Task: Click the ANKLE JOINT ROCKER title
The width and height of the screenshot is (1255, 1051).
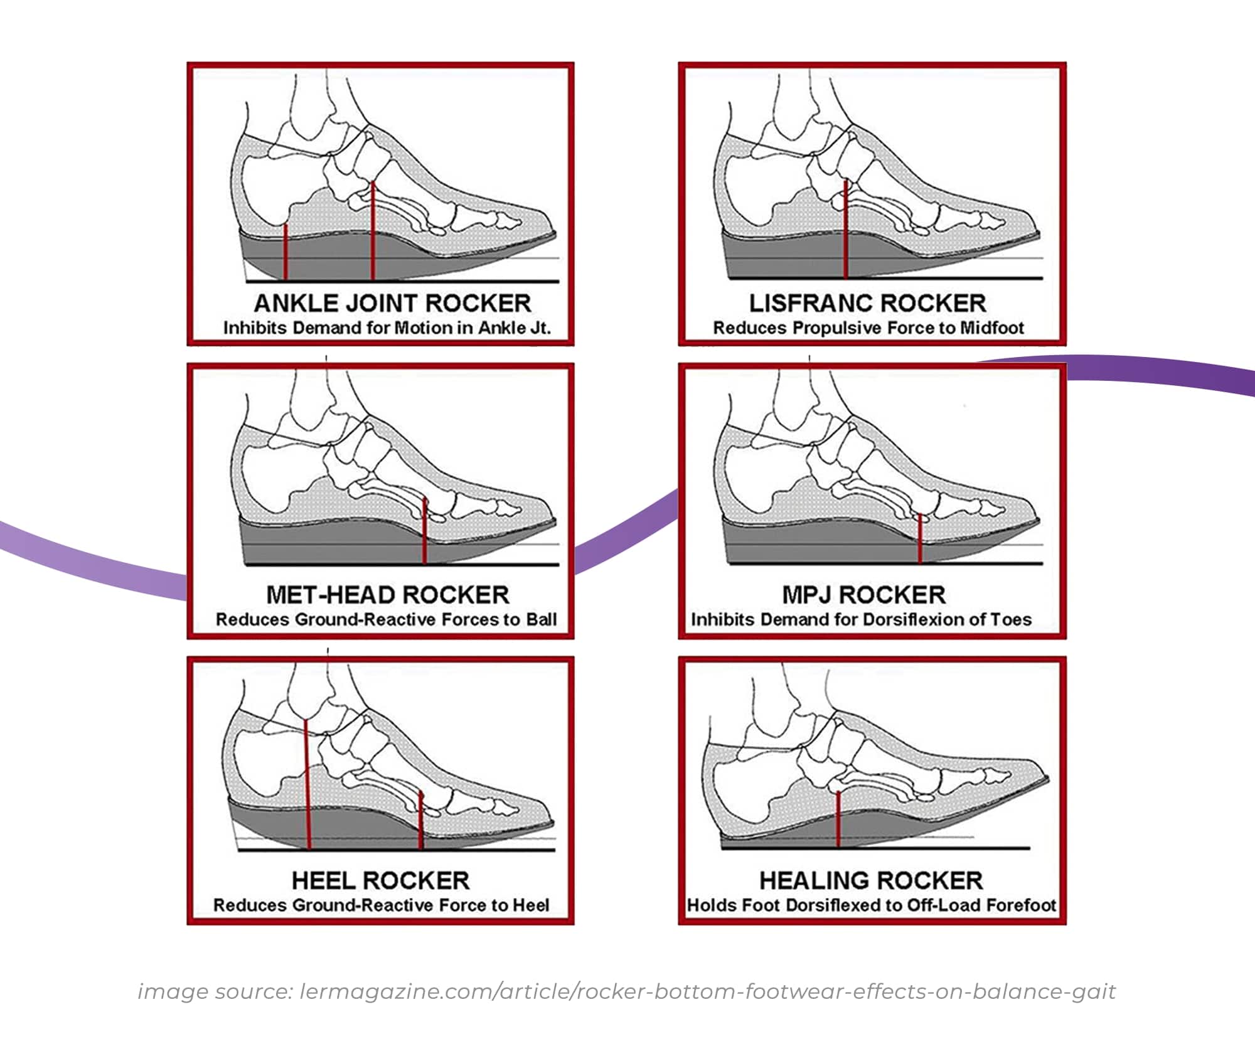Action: pyautogui.click(x=392, y=304)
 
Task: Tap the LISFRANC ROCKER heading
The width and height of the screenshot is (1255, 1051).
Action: pyautogui.click(x=867, y=304)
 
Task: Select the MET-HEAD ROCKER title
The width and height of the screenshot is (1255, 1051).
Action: pyautogui.click(x=387, y=595)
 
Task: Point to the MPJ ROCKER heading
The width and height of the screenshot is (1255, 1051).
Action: pyautogui.click(x=863, y=595)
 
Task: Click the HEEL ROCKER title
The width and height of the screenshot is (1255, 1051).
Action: pyautogui.click(x=380, y=880)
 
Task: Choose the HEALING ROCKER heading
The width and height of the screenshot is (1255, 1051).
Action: pyautogui.click(x=871, y=880)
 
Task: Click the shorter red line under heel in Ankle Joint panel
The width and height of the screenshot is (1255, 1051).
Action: pyautogui.click(x=286, y=251)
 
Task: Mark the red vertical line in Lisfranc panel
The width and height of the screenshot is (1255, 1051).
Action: pyautogui.click(x=846, y=229)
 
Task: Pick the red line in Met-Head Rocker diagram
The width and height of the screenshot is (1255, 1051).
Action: pyautogui.click(x=425, y=530)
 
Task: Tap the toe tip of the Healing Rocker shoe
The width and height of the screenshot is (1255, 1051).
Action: pyautogui.click(x=1047, y=779)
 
